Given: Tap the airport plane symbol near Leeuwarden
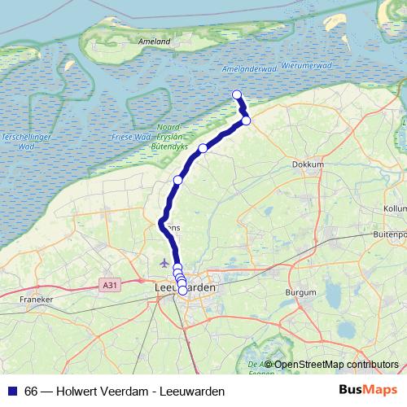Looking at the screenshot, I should pyautogui.click(x=165, y=263).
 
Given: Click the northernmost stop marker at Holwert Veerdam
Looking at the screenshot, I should pyautogui.click(x=237, y=94).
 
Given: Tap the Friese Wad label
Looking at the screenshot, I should pyautogui.click(x=127, y=138).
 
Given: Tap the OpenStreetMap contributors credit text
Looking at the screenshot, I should pyautogui.click(x=336, y=364).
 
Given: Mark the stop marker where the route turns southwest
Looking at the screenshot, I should pyautogui.click(x=246, y=121).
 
